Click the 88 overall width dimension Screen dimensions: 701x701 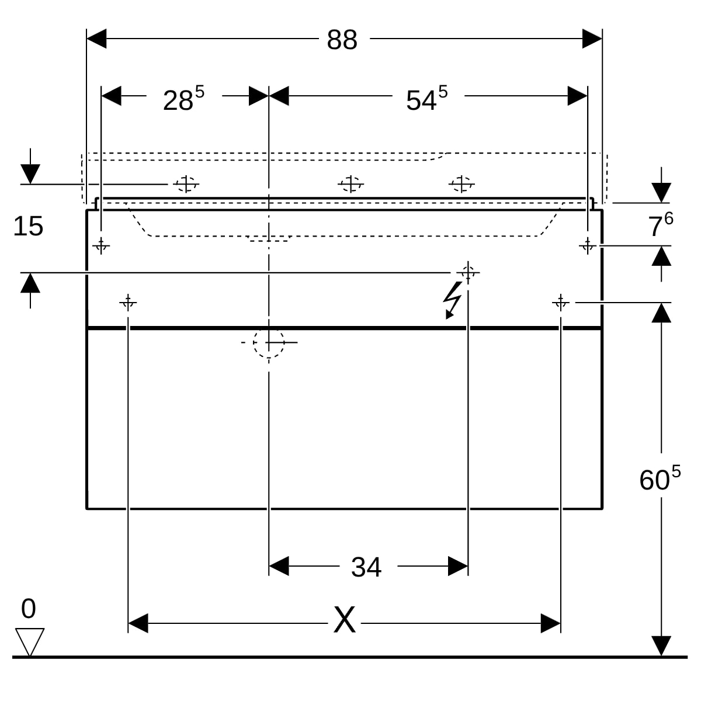[x=342, y=40]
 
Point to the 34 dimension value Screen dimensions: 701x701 [x=366, y=567]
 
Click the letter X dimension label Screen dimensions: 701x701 [x=344, y=620]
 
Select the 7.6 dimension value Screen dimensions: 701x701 [x=661, y=225]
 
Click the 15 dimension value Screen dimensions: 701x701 [x=28, y=226]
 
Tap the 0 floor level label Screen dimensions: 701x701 [x=28, y=609]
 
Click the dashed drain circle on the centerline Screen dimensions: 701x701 [x=269, y=342]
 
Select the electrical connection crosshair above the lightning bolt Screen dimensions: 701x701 [x=467, y=272]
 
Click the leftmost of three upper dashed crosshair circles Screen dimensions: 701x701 [x=186, y=184]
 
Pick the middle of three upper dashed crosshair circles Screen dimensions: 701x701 [x=350, y=184]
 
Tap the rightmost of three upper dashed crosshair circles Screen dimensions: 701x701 [x=461, y=184]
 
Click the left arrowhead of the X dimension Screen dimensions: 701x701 [x=138, y=623]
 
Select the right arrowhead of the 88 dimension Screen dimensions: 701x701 [x=592, y=39]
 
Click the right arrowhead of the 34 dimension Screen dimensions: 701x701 [x=458, y=566]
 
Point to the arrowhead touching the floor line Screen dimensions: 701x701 [x=661, y=646]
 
